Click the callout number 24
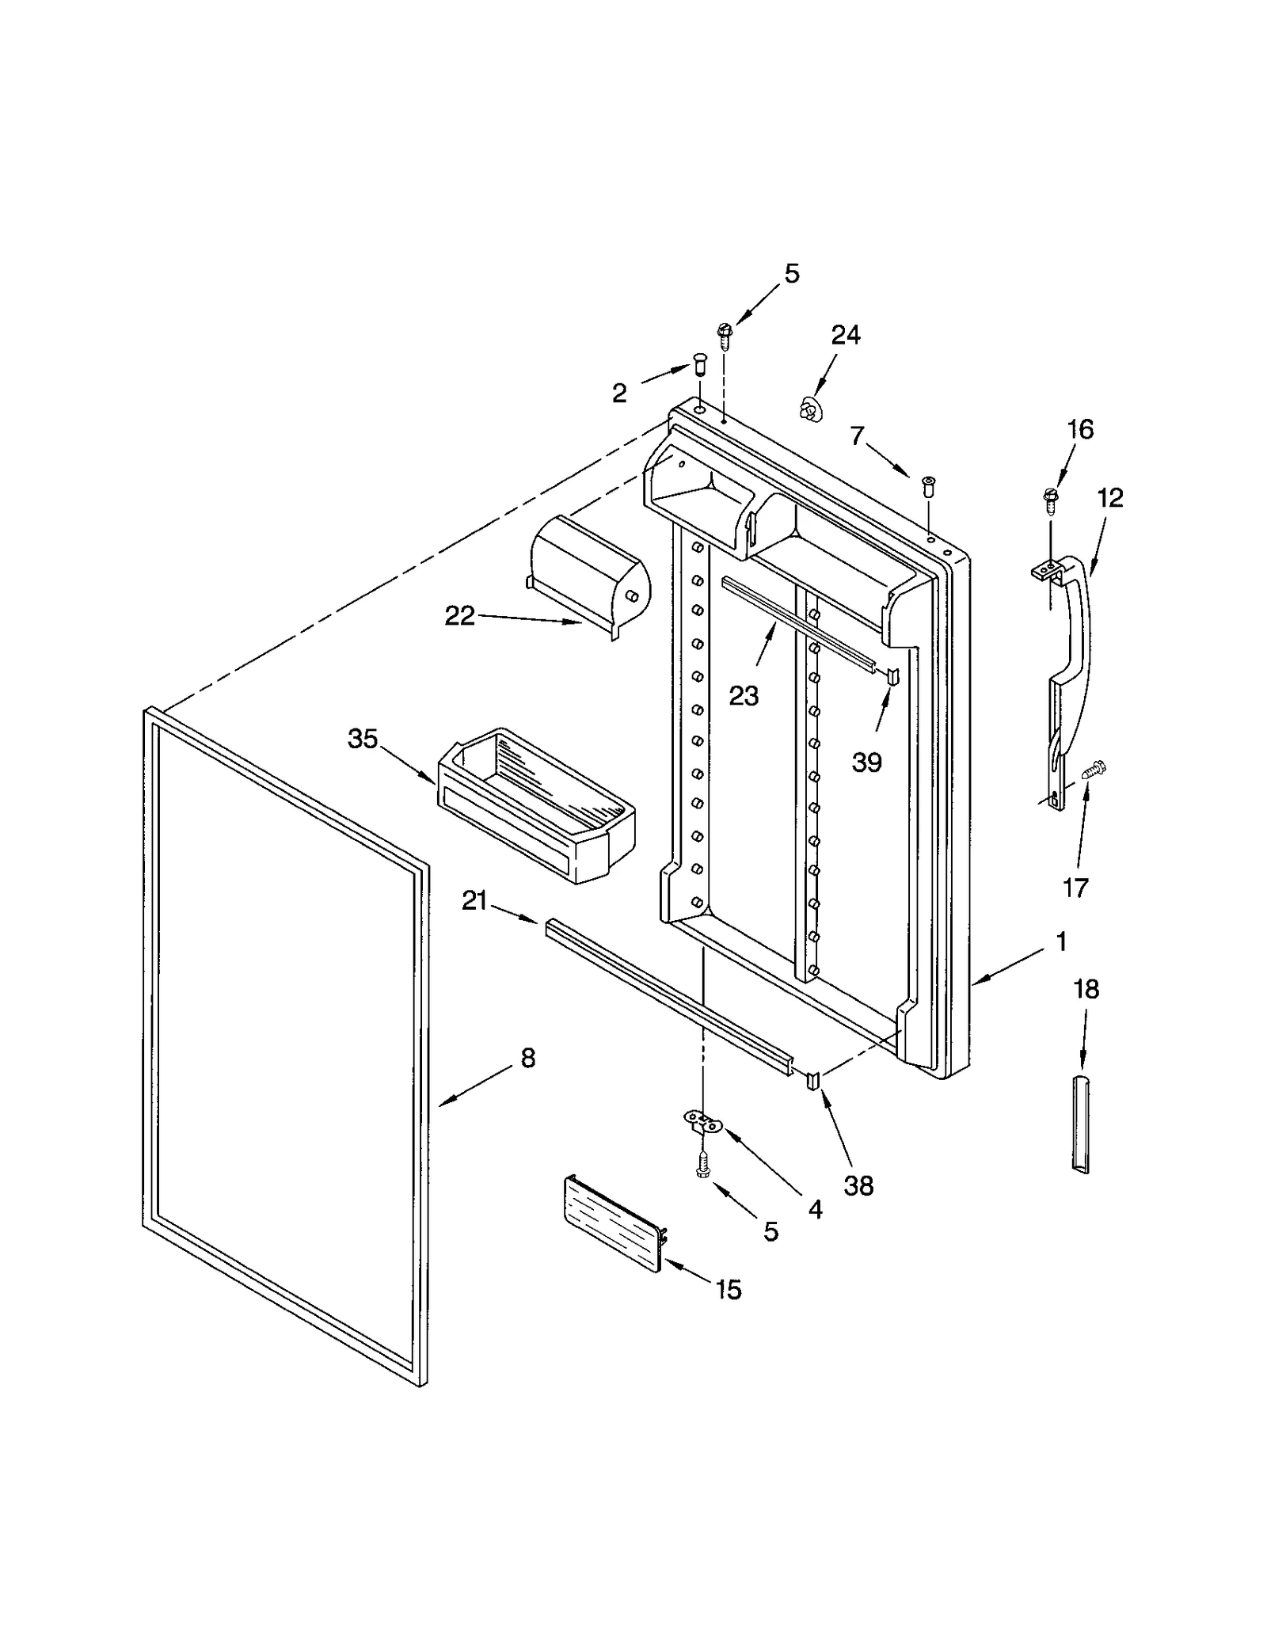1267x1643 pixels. pos(845,335)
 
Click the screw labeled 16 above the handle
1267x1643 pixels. pos(1051,499)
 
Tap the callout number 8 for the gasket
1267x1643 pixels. pos(528,1057)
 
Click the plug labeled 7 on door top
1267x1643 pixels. pos(928,484)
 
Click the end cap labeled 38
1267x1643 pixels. pos(813,1081)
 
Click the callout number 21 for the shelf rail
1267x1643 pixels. pos(474,900)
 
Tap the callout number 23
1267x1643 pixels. pos(744,695)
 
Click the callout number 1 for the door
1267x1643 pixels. pos(1061,941)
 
